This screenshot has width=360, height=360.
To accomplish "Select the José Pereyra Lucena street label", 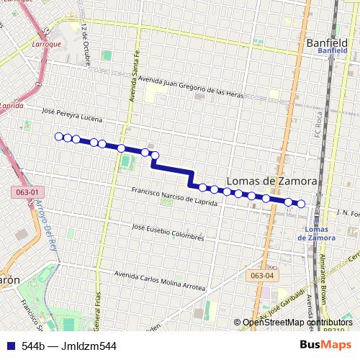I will point(73,115).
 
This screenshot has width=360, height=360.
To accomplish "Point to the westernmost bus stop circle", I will point(59,136).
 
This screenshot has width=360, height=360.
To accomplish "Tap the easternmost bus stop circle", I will point(301,204).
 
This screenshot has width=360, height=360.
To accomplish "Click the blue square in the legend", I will point(9,345).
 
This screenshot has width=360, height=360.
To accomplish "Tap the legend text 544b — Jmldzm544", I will point(69,345).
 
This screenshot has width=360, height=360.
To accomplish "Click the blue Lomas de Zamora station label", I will point(315,233).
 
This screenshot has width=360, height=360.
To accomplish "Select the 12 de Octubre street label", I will point(86,43).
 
